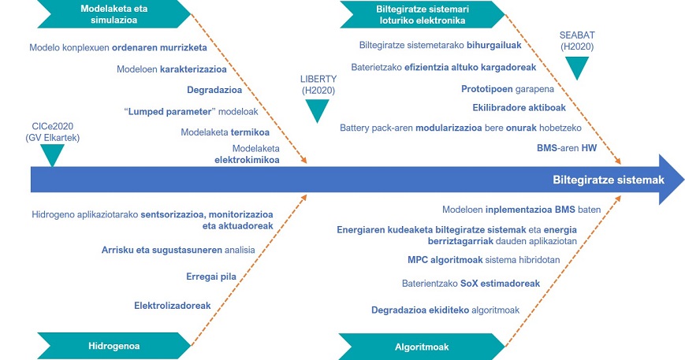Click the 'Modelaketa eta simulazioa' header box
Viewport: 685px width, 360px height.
(x=114, y=14)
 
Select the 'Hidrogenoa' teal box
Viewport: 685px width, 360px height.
(x=114, y=346)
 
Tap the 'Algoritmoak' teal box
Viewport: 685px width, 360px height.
(x=422, y=347)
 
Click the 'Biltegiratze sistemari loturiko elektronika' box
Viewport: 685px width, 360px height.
(x=422, y=14)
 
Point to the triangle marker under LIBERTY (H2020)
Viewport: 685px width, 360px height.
(x=317, y=111)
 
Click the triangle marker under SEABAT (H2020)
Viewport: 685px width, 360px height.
(x=577, y=68)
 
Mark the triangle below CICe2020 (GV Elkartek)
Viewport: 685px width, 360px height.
(x=53, y=155)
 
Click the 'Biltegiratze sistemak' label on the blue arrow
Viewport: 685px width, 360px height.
(x=609, y=180)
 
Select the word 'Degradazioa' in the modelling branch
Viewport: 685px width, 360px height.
(x=214, y=90)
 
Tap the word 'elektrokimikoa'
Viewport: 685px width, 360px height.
(x=247, y=160)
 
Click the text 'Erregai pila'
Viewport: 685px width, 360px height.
(x=211, y=276)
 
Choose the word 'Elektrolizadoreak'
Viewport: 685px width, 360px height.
(x=173, y=306)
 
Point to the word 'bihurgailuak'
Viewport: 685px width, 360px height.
(x=494, y=45)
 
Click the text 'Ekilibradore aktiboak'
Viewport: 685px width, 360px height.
(x=519, y=107)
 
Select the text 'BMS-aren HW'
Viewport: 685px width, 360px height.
(x=567, y=148)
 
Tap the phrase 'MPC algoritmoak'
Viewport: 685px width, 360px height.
(x=445, y=260)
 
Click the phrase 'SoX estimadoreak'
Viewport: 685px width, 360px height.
(x=501, y=284)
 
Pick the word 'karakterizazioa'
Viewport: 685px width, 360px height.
(x=194, y=69)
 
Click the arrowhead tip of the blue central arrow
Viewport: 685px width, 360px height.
(x=683, y=180)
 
